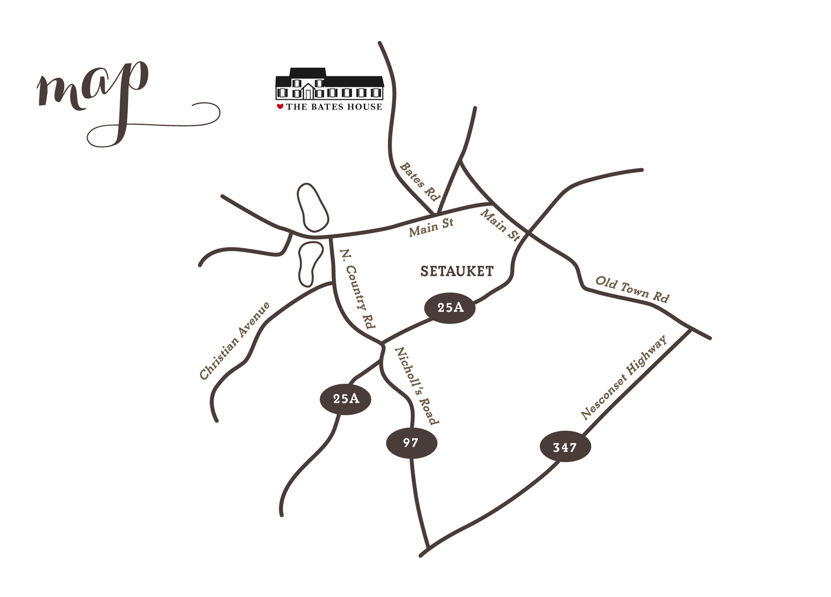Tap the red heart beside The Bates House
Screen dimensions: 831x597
click(280, 106)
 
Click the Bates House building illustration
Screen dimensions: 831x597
click(330, 84)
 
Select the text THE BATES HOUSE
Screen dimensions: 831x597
click(334, 107)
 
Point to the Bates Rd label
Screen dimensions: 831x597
click(419, 182)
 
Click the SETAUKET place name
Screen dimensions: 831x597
click(456, 271)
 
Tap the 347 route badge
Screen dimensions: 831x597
click(565, 447)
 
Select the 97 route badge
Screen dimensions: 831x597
click(412, 442)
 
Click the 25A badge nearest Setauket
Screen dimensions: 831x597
click(450, 308)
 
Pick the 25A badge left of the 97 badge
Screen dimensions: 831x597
click(345, 399)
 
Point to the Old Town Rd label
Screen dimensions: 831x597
click(632, 289)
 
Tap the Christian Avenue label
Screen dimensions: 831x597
click(235, 341)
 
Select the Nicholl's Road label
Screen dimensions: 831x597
click(417, 386)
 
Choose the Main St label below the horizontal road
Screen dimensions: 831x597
click(431, 227)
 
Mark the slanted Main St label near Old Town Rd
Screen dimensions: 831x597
click(500, 225)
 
